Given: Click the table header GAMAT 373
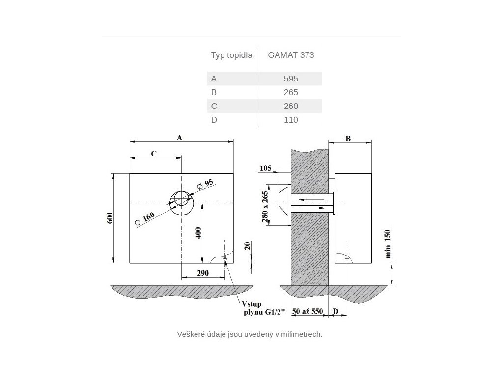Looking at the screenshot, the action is click(x=291, y=55).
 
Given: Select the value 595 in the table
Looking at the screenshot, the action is click(x=291, y=79).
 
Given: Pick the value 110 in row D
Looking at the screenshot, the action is click(x=291, y=120).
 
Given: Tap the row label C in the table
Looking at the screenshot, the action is click(x=214, y=106).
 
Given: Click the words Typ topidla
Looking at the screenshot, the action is click(x=231, y=55).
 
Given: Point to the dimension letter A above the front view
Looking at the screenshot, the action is click(x=180, y=138).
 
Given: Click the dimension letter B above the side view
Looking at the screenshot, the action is click(x=348, y=139).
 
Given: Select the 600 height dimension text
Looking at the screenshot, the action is click(x=110, y=219).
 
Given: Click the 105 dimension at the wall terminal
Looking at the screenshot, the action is click(x=265, y=169).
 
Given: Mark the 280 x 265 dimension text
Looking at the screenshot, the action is click(x=266, y=206).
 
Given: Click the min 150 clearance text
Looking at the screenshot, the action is click(x=388, y=243).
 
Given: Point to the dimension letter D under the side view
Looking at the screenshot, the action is click(x=336, y=312).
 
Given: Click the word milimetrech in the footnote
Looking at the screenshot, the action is click(x=301, y=334).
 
